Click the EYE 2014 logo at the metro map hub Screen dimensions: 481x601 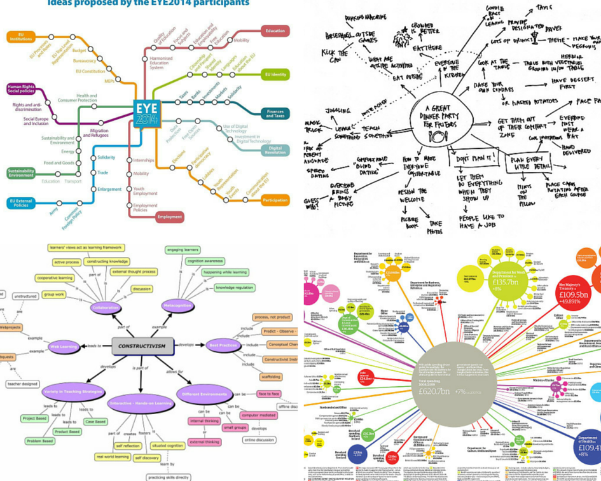pyautogui.click(x=147, y=113)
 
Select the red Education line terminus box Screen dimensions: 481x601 pyautogui.click(x=275, y=31)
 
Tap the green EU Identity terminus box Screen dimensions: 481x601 pyautogui.click(x=275, y=74)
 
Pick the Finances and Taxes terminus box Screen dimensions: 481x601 pyautogui.click(x=275, y=113)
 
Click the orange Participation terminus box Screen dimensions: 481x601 pyautogui.click(x=275, y=200)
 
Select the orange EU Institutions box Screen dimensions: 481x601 pyautogui.click(x=21, y=37)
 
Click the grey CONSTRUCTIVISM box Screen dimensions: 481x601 pyautogui.click(x=142, y=346)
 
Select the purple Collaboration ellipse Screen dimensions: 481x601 pyautogui.click(x=106, y=307)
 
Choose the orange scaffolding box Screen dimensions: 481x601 pyautogui.click(x=271, y=377)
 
